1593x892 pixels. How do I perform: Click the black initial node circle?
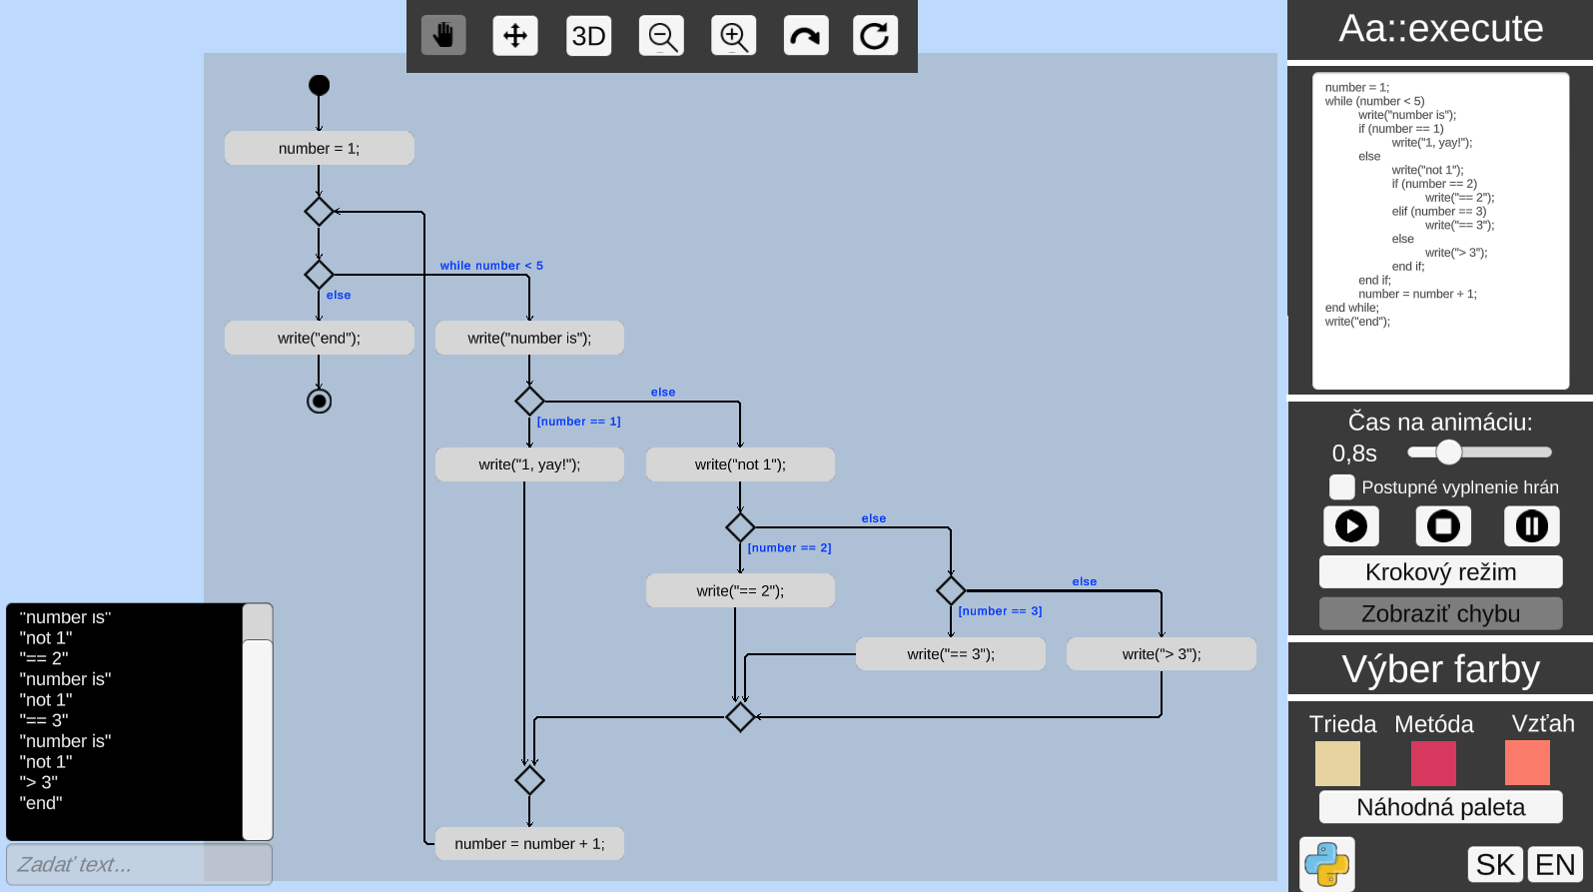[x=319, y=85]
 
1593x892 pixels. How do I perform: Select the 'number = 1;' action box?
[x=319, y=148]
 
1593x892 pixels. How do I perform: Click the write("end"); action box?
[x=319, y=338]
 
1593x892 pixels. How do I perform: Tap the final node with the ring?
[x=319, y=401]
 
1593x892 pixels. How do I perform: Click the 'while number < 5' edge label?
[x=491, y=266]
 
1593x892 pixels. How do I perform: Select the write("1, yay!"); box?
[x=529, y=464]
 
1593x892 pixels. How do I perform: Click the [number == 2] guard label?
[x=789, y=547]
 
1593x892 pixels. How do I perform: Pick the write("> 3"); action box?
[x=1161, y=654]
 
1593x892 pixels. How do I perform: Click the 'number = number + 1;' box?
[x=529, y=844]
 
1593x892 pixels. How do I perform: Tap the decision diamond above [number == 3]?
[x=950, y=590]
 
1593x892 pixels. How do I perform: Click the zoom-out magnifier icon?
[x=662, y=36]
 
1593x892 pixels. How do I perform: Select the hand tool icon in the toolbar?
[x=443, y=36]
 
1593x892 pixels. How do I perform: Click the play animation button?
[x=1350, y=525]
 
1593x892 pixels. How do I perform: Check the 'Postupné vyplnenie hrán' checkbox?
[x=1341, y=486]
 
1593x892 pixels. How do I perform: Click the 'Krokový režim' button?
[x=1439, y=572]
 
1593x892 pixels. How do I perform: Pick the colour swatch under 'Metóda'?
[x=1432, y=763]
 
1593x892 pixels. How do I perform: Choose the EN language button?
[x=1554, y=864]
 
